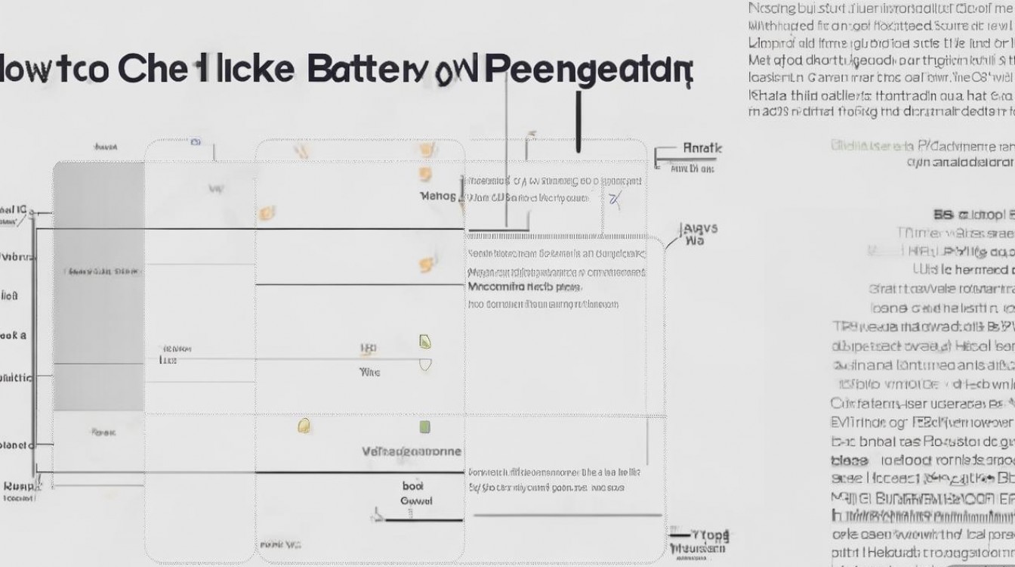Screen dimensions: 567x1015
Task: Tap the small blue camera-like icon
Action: [x=195, y=141]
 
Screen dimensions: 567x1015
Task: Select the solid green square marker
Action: [x=424, y=427]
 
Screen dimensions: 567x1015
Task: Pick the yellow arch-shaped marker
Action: [x=304, y=426]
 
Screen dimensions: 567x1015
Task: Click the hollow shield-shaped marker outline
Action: [x=425, y=364]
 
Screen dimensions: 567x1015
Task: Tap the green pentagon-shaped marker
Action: [x=425, y=342]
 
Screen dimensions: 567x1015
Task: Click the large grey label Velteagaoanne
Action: [x=412, y=451]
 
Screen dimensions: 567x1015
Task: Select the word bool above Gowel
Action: [x=413, y=486]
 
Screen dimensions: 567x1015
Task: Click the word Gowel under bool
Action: [x=415, y=500]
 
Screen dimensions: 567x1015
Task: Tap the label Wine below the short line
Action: [x=369, y=372]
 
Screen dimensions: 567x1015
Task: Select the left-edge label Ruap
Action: [x=18, y=486]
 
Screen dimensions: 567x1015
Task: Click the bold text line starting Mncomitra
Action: [x=524, y=287]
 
